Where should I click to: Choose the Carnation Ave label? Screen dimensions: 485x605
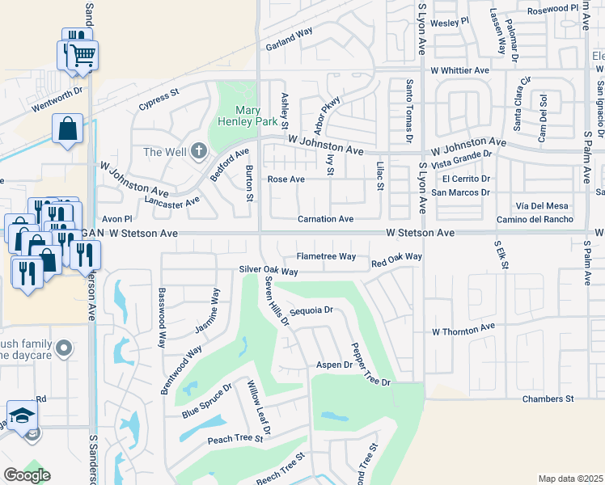[325, 219]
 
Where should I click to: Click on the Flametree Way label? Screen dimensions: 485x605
[326, 256]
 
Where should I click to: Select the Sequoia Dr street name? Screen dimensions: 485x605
[311, 310]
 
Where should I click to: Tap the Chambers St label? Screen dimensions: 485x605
[548, 399]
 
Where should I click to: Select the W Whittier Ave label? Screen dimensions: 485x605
[459, 70]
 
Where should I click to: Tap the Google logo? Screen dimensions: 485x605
[26, 475]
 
